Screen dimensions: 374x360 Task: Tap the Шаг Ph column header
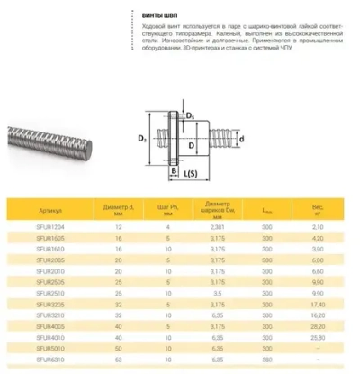click(167, 211)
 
